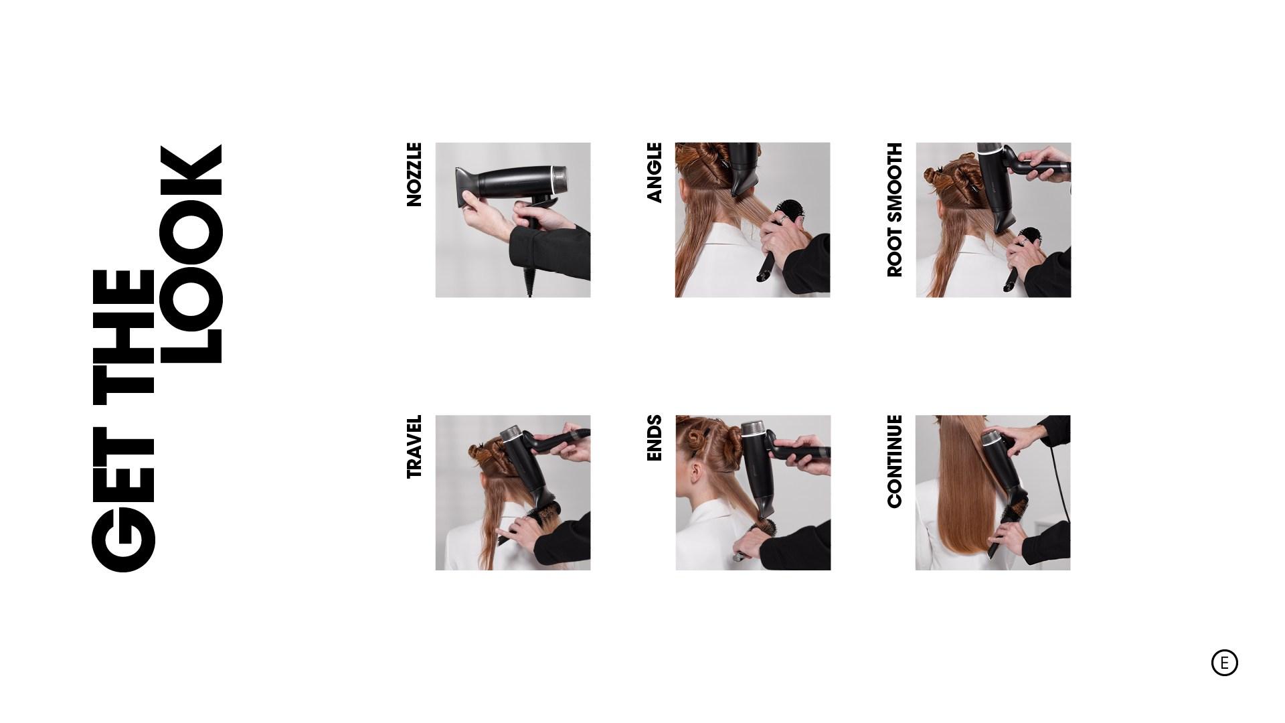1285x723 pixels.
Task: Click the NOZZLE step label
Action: point(414,174)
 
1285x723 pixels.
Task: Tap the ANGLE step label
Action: point(654,172)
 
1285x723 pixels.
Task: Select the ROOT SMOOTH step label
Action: point(895,210)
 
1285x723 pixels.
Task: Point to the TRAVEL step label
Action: point(414,447)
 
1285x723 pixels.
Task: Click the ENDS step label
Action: point(654,438)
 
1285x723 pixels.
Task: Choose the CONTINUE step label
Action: point(895,461)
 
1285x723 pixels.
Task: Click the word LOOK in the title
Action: point(191,254)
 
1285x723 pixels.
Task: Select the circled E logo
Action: point(1224,663)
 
